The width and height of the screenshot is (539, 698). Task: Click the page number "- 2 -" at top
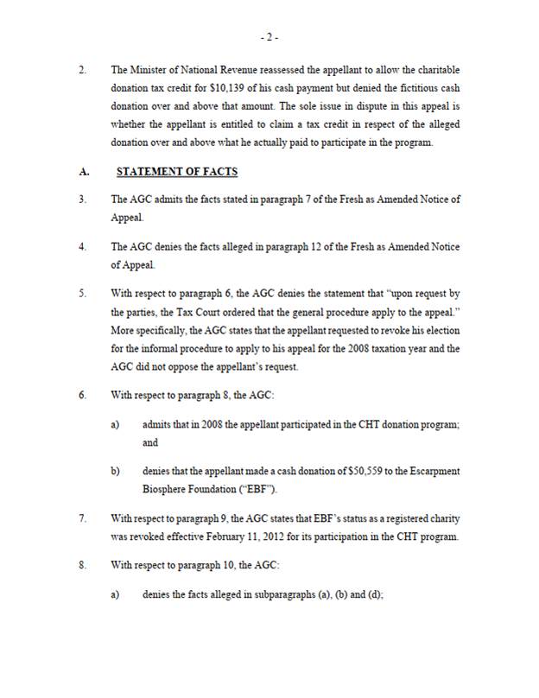coord(269,38)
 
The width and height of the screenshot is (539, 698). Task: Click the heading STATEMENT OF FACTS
coord(177,172)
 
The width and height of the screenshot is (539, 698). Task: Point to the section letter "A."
coord(84,172)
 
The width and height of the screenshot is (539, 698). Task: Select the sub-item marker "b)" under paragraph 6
coord(115,472)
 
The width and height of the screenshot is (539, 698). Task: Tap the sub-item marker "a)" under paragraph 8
coord(115,595)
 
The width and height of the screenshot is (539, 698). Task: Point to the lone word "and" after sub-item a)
coord(150,441)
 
